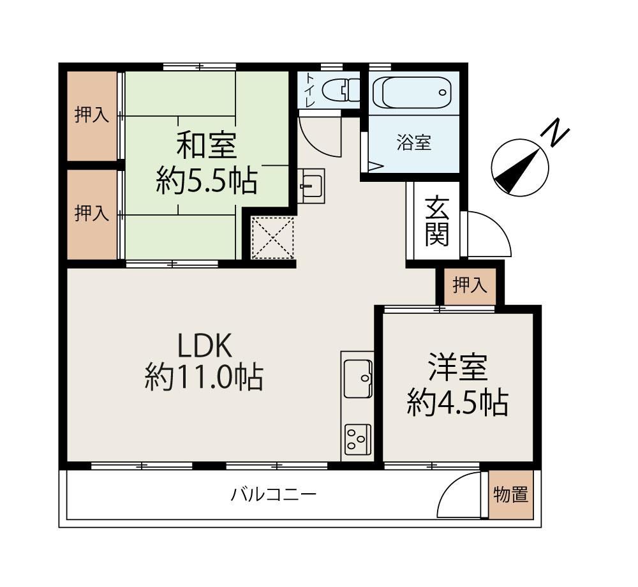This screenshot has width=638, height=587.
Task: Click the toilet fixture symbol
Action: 341,89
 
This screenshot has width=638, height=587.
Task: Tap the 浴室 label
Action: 414,143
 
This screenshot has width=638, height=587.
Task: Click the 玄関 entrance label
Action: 436,221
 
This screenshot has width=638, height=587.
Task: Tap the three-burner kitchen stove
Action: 358,440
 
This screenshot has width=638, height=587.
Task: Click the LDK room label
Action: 205,345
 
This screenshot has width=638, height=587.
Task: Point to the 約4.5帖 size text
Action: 457,403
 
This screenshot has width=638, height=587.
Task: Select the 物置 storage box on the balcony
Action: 511,494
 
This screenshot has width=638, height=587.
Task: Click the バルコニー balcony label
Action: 274,494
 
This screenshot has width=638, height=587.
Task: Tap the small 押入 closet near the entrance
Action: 470,285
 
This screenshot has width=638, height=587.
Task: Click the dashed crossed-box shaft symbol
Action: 272,238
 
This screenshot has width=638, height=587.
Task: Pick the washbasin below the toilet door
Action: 311,186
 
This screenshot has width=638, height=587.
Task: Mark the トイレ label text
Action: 310,90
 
